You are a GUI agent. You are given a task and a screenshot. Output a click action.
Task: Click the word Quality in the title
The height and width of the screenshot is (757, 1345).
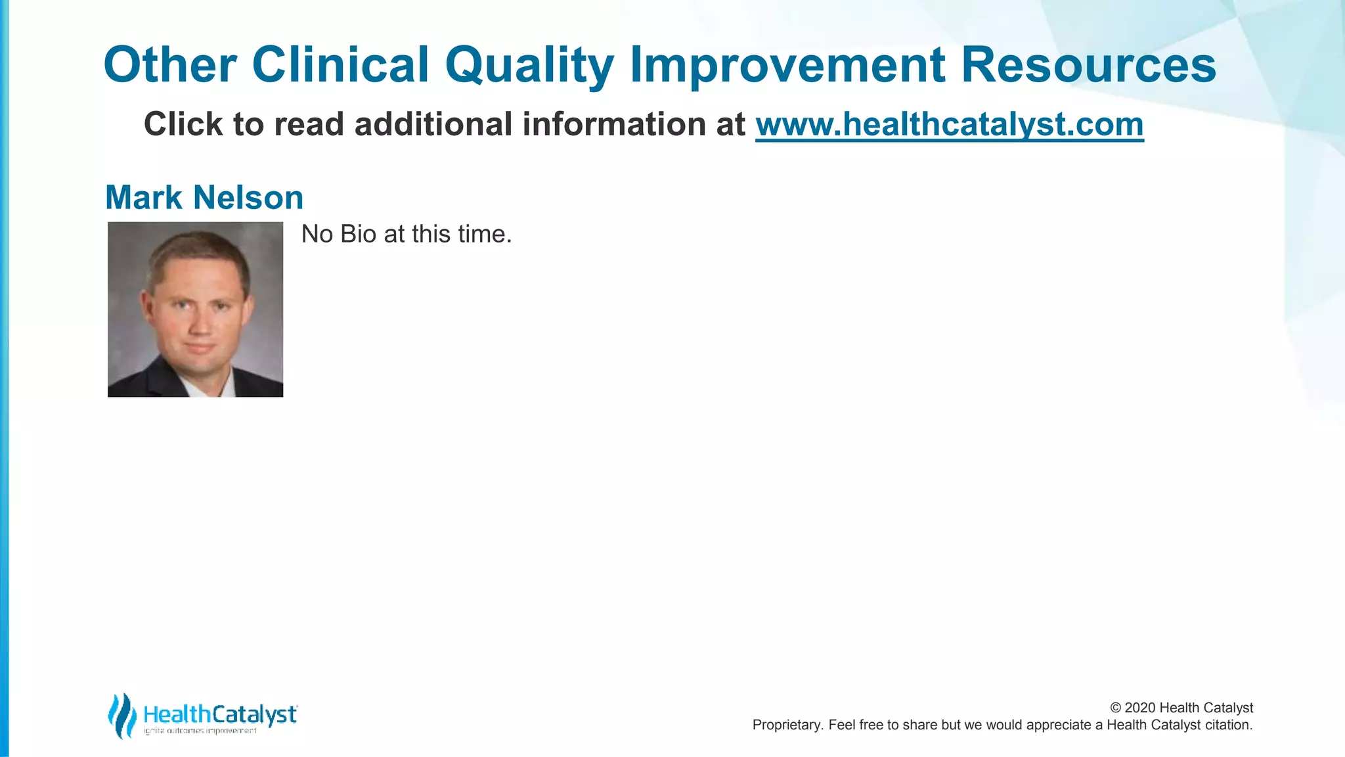[529, 66]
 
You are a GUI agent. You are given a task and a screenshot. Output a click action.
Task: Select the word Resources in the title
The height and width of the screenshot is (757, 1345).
[1088, 66]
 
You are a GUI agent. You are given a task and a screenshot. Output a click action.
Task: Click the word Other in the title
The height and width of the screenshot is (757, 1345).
[170, 66]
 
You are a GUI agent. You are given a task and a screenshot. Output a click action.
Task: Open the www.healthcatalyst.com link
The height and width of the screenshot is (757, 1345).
[949, 125]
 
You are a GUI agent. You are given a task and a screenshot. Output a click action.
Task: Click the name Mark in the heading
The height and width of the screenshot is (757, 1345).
[143, 198]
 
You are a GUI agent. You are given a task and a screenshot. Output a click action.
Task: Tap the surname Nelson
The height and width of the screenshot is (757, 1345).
[248, 198]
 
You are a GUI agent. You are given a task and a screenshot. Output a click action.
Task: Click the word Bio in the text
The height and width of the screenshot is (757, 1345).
[358, 235]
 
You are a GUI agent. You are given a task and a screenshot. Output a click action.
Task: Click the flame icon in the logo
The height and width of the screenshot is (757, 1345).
[122, 715]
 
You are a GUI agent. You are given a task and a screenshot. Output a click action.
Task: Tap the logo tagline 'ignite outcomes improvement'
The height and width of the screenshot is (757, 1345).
[200, 731]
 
